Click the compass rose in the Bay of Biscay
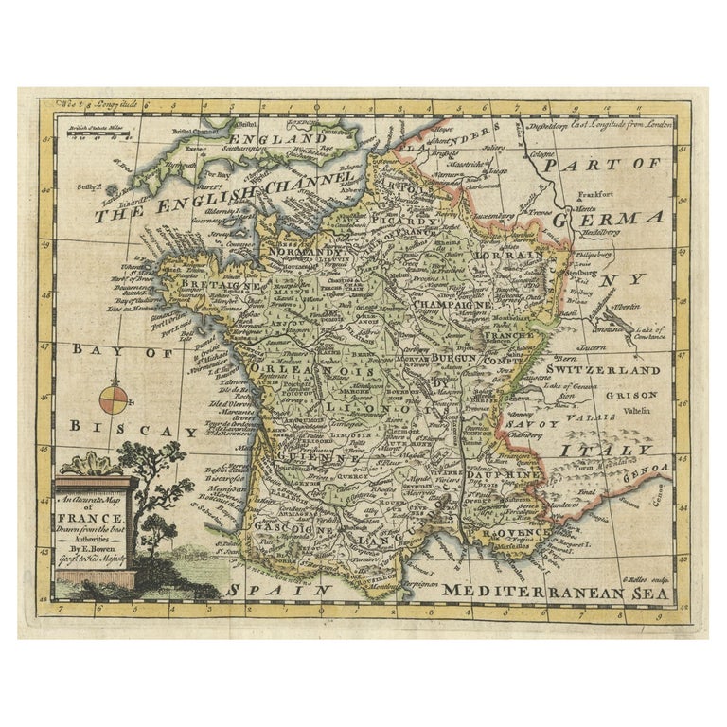click(113, 397)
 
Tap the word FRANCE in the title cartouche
click(94, 519)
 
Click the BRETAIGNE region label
click(201, 283)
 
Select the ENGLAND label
click(282, 139)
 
